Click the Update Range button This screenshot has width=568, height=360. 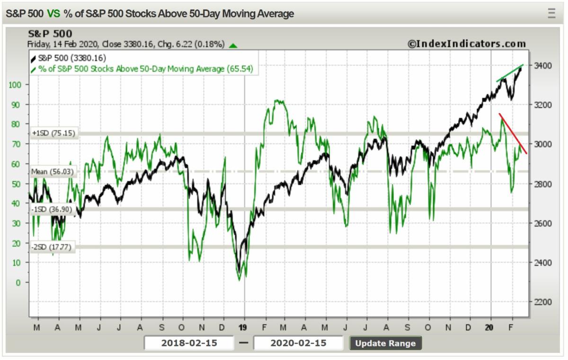click(x=385, y=343)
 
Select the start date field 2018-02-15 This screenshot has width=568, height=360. click(x=189, y=343)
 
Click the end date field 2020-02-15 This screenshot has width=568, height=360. click(x=298, y=343)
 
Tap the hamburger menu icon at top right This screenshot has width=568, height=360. click(x=551, y=13)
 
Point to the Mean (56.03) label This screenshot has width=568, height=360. click(x=53, y=172)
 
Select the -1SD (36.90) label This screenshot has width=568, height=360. click(x=53, y=209)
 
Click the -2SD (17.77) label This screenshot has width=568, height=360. click(x=53, y=246)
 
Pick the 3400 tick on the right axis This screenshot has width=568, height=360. click(x=541, y=65)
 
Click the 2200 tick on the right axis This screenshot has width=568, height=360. click(x=541, y=302)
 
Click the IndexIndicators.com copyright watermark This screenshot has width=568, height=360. click(x=467, y=44)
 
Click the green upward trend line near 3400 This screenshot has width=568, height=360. click(x=509, y=73)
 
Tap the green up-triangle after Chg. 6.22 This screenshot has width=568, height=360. click(x=233, y=45)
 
